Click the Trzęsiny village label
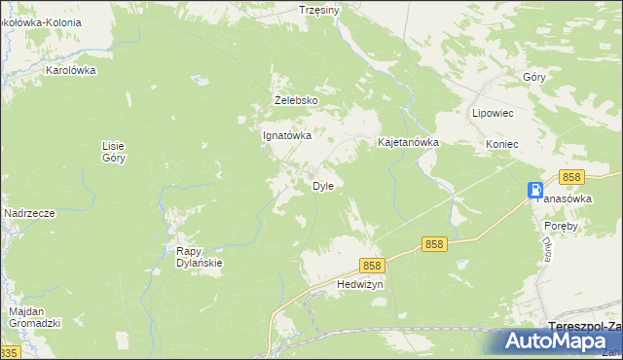coord(319,10)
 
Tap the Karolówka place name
coord(71,70)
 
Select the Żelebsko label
coord(296,100)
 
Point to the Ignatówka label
coord(287,136)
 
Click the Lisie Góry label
coord(114,151)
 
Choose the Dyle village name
coord(323,185)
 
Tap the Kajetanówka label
coord(409,142)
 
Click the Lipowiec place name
coord(493,113)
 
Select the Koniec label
coord(501,144)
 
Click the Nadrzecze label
coord(28,213)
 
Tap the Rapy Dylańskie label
coord(200,256)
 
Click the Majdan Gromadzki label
coord(35,317)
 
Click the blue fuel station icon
coord(535,191)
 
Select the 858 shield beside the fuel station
coord(571,177)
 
